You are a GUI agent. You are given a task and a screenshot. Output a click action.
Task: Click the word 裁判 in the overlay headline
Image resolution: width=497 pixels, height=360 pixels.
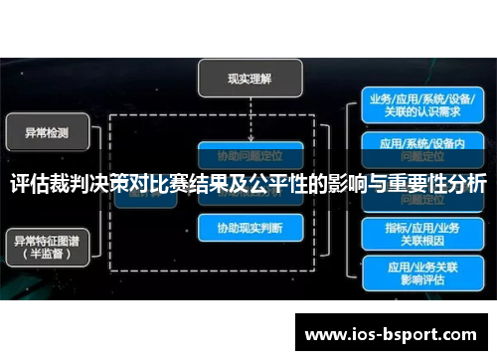click(76, 185)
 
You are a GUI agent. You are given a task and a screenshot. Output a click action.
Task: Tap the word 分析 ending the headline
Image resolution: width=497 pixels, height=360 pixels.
click(464, 185)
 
